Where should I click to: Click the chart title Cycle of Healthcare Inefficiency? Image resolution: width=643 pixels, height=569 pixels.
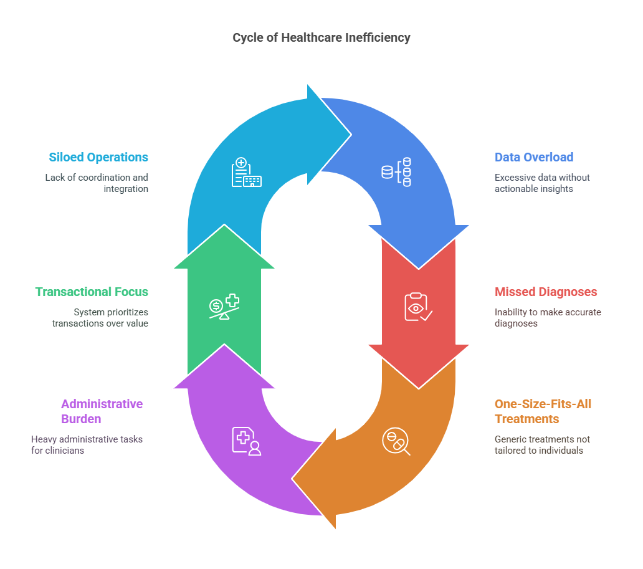point(321,37)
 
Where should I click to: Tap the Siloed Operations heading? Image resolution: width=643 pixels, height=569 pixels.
point(98,157)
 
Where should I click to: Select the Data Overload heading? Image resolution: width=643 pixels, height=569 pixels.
point(534,157)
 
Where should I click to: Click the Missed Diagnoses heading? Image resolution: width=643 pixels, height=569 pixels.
point(546,292)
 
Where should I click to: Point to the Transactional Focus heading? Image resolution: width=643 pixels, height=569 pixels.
point(92,292)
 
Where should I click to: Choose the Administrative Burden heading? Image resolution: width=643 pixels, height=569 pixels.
point(102,411)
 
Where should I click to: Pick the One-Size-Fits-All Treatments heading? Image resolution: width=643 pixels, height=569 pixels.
point(543,411)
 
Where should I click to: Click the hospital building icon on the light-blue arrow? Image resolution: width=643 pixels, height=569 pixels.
point(246,173)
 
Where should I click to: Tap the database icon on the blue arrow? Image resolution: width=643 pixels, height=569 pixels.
point(396,171)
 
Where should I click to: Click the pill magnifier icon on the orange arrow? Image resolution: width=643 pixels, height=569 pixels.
point(396,442)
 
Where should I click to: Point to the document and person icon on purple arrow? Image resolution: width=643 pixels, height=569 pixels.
point(246,441)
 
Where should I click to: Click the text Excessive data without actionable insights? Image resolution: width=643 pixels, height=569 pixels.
point(542,183)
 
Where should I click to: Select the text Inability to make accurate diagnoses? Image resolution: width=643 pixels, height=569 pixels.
point(548,318)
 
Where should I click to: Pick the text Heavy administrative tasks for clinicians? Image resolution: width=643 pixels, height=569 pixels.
point(87,444)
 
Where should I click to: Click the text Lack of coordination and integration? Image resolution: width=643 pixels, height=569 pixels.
point(97,183)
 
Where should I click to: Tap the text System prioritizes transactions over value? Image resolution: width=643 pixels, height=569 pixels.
point(100,318)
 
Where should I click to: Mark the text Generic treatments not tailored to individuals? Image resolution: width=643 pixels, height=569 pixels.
point(542,444)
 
